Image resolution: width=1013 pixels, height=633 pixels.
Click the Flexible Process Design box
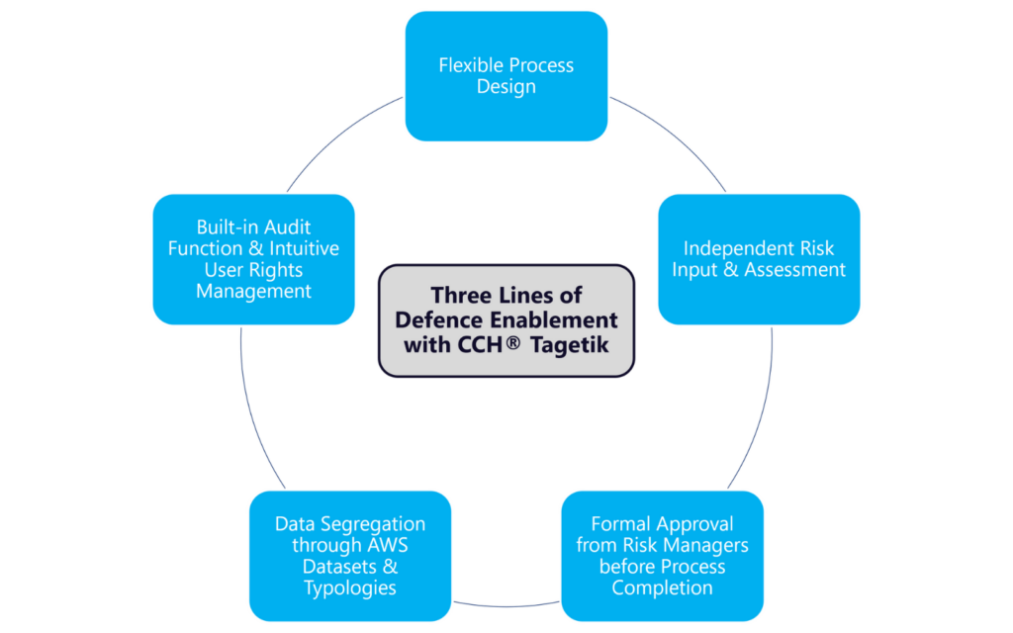[x=506, y=76]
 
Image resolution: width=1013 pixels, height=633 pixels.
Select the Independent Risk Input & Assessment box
[x=759, y=259]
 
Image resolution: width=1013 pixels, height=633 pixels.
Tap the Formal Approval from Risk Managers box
[x=662, y=555]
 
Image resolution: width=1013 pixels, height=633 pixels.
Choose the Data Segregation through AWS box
[x=350, y=555]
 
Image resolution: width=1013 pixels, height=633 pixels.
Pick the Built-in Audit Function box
[x=253, y=259]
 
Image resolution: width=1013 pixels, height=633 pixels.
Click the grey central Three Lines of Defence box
[x=506, y=320]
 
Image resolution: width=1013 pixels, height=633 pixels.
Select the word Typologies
[x=350, y=588]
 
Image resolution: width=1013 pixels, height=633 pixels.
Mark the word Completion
[x=662, y=588]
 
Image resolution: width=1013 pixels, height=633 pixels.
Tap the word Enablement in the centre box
[x=560, y=319]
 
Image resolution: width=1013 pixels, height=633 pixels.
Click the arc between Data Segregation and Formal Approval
[x=506, y=604]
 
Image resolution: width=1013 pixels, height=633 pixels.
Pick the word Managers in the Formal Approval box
[x=706, y=545]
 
